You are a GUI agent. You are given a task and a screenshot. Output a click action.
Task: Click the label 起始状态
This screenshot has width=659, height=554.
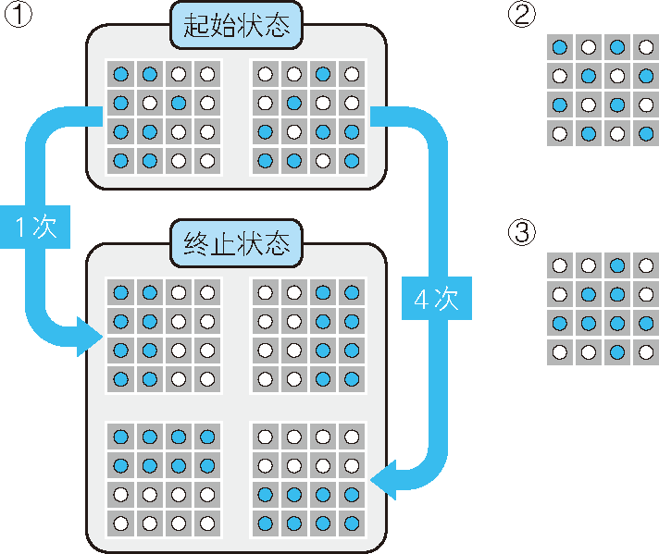[237, 25]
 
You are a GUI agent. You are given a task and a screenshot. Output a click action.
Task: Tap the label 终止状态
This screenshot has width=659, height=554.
[237, 243]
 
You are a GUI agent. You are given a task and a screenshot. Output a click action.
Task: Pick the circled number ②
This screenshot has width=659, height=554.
[522, 16]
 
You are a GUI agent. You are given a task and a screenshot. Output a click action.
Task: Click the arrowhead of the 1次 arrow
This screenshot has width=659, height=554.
[93, 335]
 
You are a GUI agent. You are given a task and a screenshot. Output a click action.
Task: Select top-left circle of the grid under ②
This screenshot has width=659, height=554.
[559, 47]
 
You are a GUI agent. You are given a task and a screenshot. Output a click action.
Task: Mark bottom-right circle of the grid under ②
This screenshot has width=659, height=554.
[646, 134]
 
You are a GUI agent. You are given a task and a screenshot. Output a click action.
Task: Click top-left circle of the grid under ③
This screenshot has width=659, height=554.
[559, 265]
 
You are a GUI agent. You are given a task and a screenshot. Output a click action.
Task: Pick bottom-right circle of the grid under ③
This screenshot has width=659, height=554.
[646, 351]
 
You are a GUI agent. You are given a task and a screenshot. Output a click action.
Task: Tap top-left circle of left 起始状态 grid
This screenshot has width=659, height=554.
[120, 74]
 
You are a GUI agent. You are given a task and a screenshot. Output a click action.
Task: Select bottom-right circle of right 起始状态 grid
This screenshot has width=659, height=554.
[351, 161]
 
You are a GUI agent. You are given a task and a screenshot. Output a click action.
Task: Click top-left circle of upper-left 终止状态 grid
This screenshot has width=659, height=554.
[120, 292]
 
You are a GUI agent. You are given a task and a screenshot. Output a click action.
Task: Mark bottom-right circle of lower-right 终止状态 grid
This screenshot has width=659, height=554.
[351, 523]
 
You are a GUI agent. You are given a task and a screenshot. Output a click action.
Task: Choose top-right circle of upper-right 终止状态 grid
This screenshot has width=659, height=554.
[351, 292]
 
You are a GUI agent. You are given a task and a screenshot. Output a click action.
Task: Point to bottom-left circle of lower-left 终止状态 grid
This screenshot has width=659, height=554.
[120, 523]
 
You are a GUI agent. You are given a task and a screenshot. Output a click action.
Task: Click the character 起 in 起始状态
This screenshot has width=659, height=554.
[197, 25]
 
